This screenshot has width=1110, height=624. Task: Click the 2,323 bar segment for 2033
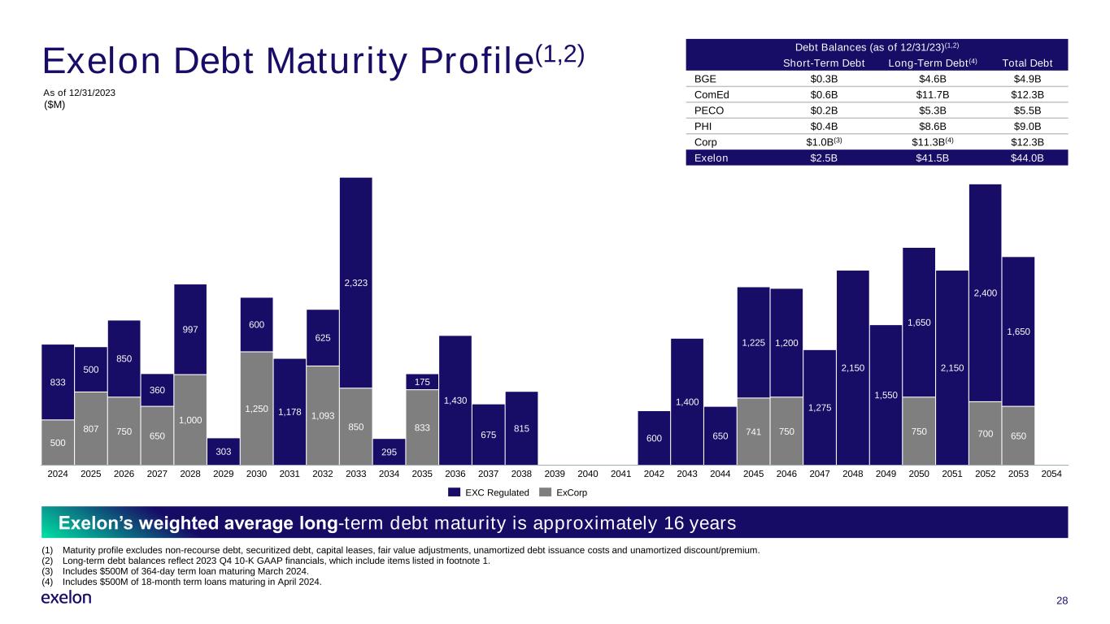point(356,283)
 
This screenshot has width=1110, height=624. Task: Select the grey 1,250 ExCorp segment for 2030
point(257,409)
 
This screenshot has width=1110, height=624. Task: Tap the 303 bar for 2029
point(224,452)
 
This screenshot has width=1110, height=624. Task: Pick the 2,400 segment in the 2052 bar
point(985,293)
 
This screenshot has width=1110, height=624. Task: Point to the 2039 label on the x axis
point(555,474)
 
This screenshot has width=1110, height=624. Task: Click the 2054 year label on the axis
point(1051,474)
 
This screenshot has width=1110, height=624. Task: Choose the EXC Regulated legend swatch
point(454,492)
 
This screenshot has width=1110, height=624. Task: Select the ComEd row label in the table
point(712,94)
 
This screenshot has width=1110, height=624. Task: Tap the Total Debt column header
point(1027,63)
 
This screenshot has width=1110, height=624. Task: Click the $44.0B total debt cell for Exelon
point(1027,158)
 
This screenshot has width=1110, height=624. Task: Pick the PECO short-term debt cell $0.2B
point(824,110)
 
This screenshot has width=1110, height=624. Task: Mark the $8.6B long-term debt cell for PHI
point(932,126)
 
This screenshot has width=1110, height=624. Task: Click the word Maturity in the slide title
point(337,62)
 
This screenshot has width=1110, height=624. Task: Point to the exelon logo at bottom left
point(67,597)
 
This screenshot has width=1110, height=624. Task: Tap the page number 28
point(1062,600)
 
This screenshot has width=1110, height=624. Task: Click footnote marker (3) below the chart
point(47,571)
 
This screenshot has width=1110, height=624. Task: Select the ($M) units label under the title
point(54,105)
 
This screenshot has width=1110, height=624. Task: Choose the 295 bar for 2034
point(389,452)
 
